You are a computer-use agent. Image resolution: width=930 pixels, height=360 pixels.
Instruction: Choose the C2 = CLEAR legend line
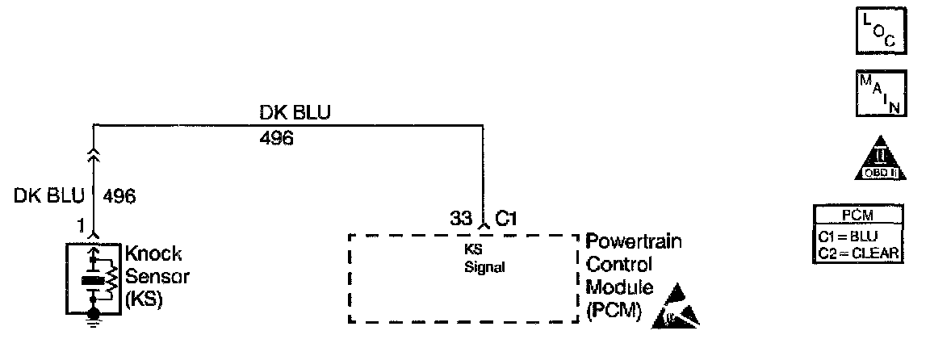857,253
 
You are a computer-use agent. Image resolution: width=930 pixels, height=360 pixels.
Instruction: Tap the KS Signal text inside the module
484,260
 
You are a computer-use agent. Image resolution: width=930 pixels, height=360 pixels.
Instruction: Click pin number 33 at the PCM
461,217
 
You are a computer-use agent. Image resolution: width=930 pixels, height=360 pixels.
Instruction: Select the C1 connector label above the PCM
506,217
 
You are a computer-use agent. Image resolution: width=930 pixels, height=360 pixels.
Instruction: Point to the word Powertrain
634,242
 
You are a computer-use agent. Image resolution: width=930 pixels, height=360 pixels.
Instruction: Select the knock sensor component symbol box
94,277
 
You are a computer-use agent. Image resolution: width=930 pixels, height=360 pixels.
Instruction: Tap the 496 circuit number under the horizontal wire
276,139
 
